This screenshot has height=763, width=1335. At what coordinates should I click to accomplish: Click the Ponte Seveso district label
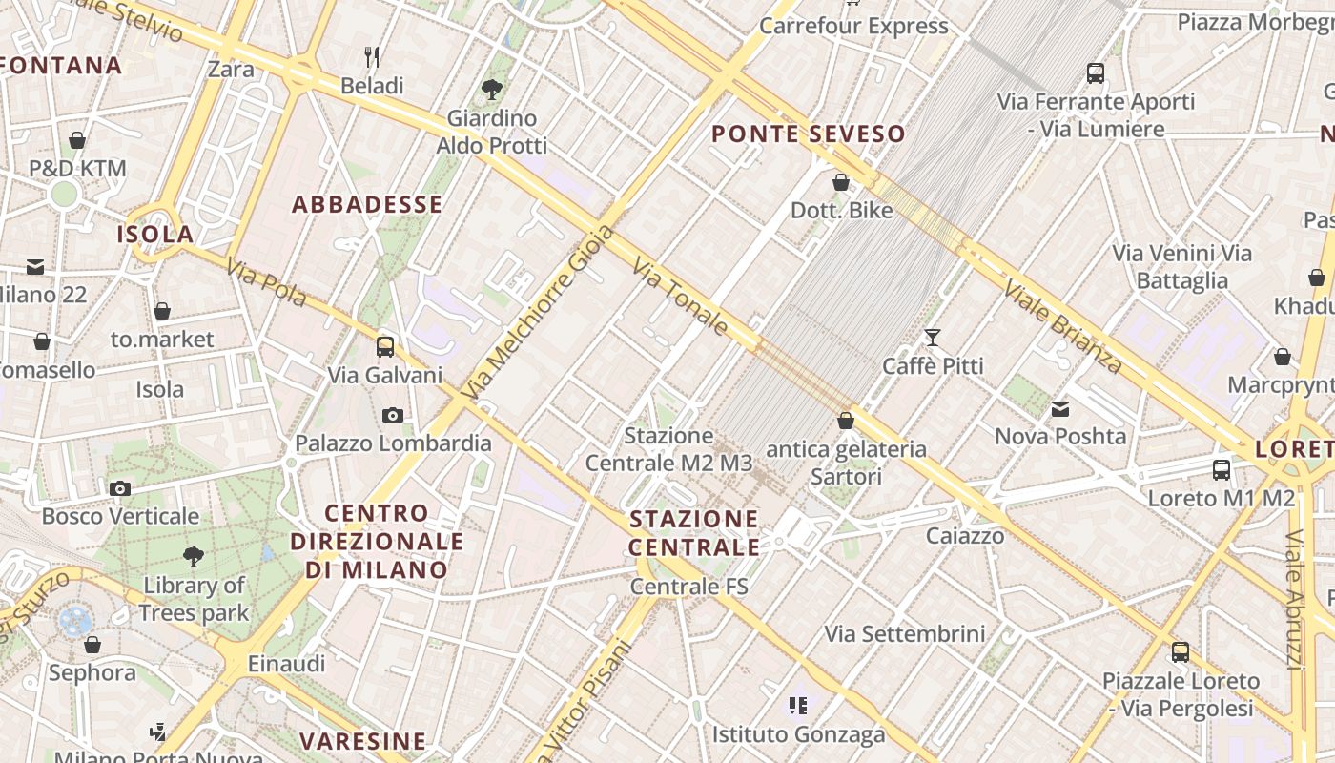(808, 134)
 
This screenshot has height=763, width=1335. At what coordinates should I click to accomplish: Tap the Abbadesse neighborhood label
(367, 204)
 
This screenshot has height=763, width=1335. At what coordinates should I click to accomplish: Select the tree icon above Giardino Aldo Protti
(492, 91)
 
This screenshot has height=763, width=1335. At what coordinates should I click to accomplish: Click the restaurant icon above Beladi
(372, 57)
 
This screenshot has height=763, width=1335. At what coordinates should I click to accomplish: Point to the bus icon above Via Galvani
(385, 347)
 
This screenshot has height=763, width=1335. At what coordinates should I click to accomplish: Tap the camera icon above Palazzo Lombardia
(392, 415)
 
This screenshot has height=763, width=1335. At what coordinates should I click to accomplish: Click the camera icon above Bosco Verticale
(120, 489)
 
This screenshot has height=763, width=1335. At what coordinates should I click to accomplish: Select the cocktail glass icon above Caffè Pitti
(932, 338)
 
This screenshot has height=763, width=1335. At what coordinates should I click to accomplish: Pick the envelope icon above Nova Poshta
(1060, 409)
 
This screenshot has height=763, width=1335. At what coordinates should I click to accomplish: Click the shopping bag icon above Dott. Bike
(841, 182)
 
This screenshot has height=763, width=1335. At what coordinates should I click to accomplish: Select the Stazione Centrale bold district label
(694, 533)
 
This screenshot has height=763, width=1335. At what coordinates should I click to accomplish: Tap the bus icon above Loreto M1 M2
(1222, 470)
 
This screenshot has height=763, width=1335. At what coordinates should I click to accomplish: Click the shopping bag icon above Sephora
(92, 646)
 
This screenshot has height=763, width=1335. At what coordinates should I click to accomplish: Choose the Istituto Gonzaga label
(798, 734)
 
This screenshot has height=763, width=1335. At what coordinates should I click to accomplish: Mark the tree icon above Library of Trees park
(194, 556)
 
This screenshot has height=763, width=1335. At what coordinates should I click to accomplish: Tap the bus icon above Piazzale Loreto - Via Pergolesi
(1181, 653)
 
